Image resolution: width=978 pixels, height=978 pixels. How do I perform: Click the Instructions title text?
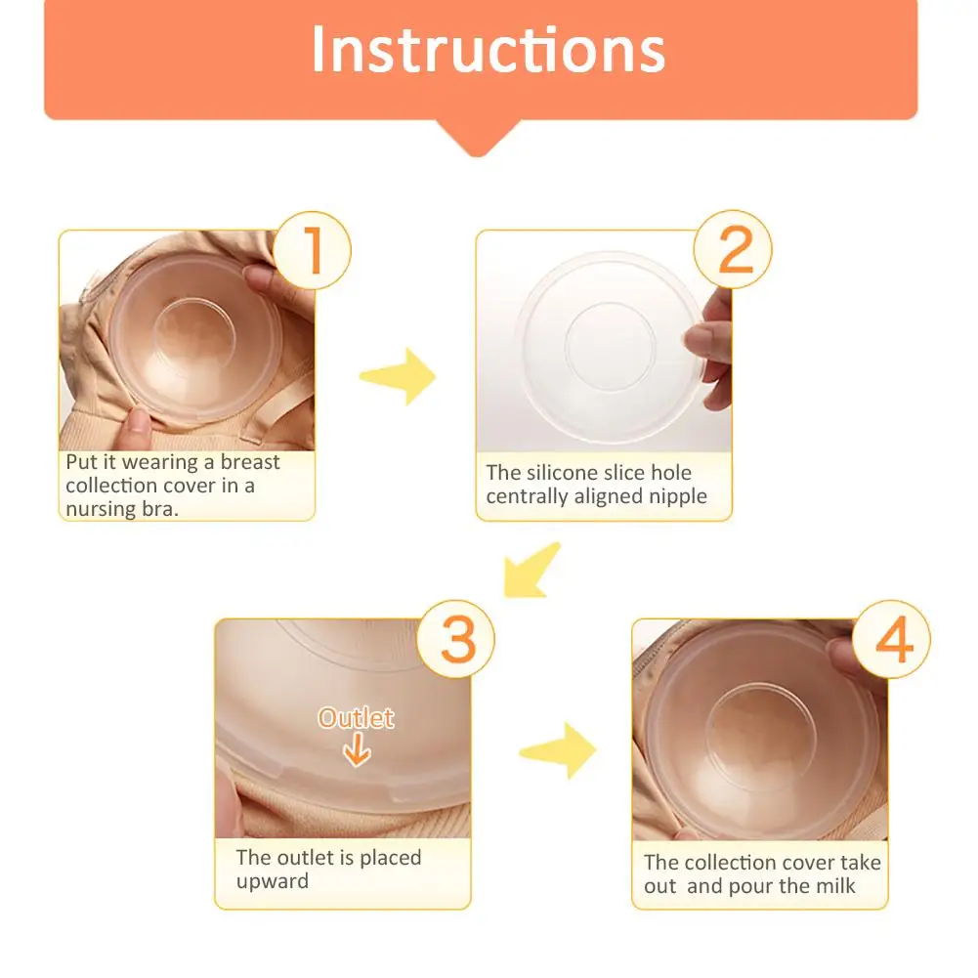click(x=488, y=50)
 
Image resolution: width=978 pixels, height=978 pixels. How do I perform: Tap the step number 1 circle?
click(x=312, y=249)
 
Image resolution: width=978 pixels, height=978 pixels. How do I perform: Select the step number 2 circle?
click(x=733, y=249)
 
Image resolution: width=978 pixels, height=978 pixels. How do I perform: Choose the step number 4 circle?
click(x=891, y=640)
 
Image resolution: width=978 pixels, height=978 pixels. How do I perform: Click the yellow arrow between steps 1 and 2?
click(x=399, y=376)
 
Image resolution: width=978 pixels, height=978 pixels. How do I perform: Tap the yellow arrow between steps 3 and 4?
click(x=558, y=751)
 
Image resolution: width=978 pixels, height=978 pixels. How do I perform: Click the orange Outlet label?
click(x=357, y=718)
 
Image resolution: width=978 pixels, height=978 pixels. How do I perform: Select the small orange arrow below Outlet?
click(x=357, y=751)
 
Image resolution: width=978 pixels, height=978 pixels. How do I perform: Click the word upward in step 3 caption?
click(x=272, y=881)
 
